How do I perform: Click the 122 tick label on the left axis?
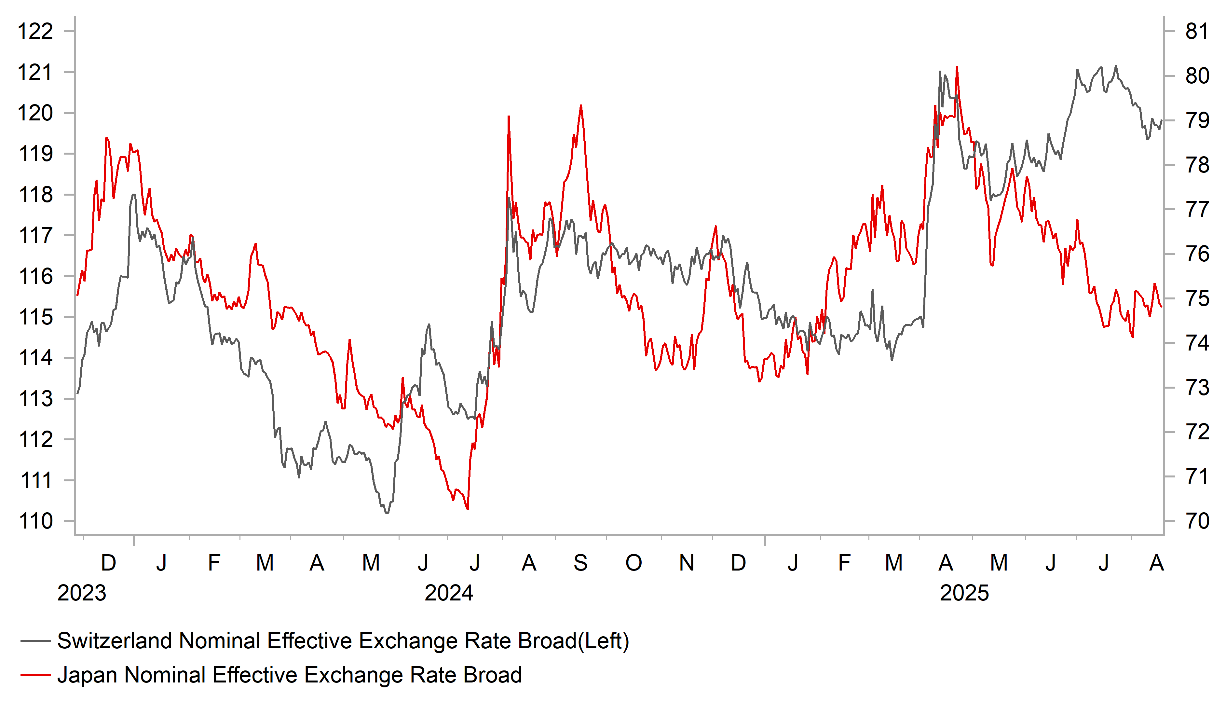coord(35,32)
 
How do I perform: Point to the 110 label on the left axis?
coord(35,521)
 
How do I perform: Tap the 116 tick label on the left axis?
coord(35,276)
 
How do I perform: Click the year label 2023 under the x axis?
coord(82,593)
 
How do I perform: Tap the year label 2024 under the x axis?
coord(449,593)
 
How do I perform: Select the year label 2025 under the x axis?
coord(964,593)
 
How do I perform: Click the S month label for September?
coord(580,563)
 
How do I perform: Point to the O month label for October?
coord(633,563)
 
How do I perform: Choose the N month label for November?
coord(687,563)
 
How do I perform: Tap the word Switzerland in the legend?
coord(114,641)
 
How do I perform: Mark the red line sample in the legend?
coord(35,675)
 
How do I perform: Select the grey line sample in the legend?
coord(35,641)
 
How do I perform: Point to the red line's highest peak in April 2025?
coord(957,67)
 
